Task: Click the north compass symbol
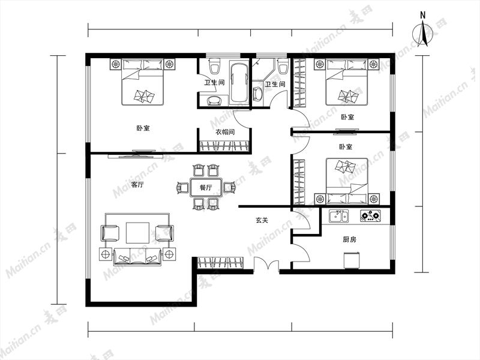click(422, 33)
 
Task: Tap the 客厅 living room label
click(137, 185)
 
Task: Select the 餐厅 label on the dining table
click(206, 187)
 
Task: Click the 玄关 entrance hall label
click(262, 220)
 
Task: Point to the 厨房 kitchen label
click(349, 239)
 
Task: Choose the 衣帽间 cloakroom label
click(225, 132)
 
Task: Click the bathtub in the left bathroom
click(239, 83)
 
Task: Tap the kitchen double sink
click(338, 216)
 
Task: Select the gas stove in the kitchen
click(371, 216)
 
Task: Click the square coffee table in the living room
click(137, 233)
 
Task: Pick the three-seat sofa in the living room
click(137, 257)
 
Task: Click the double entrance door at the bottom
click(266, 263)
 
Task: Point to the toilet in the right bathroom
click(283, 66)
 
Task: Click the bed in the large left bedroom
click(143, 82)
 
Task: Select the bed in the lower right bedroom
click(347, 181)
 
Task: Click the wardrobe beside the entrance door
click(220, 263)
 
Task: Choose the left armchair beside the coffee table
click(110, 233)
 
